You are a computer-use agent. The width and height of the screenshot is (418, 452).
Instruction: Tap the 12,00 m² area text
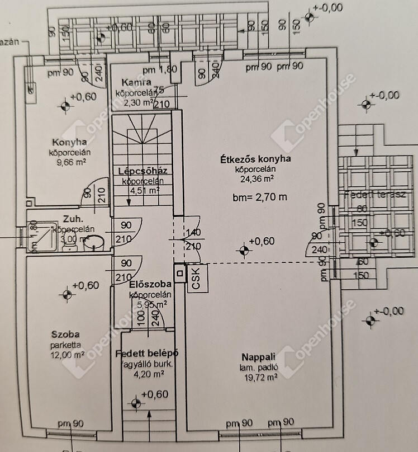point(66,354)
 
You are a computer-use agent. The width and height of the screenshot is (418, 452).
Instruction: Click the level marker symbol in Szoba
point(68,291)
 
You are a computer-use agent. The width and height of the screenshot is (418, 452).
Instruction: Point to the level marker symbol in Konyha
point(66,102)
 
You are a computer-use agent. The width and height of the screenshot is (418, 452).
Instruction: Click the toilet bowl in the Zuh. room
point(97,242)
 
